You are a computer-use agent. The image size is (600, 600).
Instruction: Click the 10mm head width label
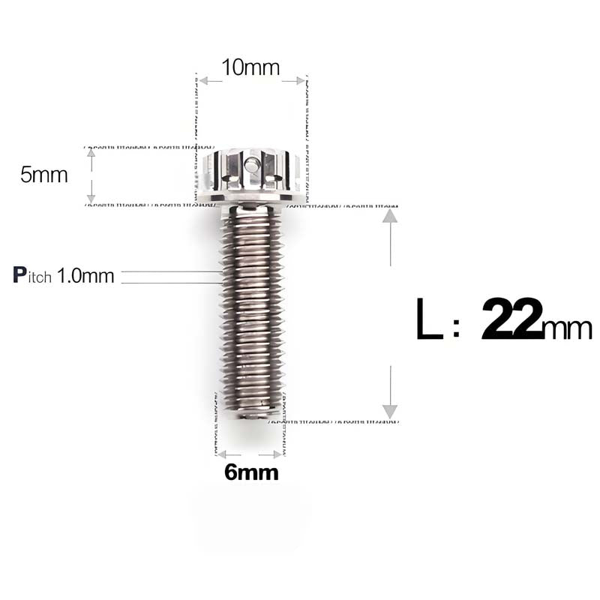click(x=250, y=67)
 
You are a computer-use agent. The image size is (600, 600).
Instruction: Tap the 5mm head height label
click(x=43, y=175)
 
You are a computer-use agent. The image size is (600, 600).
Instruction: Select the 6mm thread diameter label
click(x=251, y=472)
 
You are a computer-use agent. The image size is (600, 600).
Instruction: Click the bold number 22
click(x=511, y=319)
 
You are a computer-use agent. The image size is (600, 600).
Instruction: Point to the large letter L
click(x=429, y=320)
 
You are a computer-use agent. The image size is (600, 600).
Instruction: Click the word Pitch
click(x=32, y=275)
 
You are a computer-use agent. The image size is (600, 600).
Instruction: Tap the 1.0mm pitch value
click(x=85, y=276)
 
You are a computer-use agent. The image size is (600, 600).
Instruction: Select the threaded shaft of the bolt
click(x=251, y=307)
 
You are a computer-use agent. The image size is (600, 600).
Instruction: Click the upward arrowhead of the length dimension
click(x=389, y=216)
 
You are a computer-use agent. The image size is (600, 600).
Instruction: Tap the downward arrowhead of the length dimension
click(x=389, y=411)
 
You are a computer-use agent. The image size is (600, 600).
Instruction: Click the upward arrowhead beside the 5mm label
click(x=91, y=152)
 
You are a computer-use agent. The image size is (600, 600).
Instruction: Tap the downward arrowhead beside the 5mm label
click(x=91, y=198)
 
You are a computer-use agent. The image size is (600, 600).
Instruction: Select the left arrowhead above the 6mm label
click(x=220, y=454)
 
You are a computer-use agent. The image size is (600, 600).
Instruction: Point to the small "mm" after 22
click(x=568, y=328)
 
